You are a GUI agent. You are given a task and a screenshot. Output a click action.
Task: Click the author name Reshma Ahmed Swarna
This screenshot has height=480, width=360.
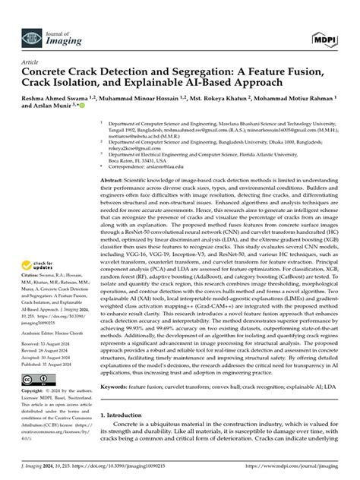coord(54,98)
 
